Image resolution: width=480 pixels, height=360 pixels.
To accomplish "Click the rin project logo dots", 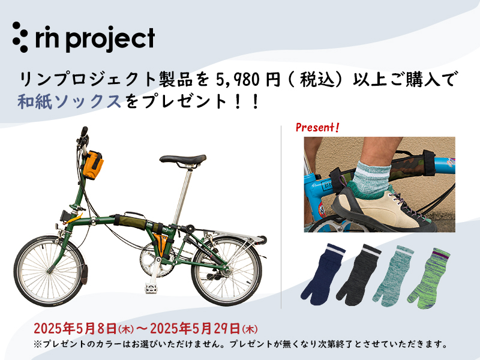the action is (x=20, y=37).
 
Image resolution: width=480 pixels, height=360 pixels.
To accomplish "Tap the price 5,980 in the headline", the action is (x=235, y=80).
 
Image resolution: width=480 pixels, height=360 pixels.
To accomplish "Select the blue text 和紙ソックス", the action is (x=70, y=101).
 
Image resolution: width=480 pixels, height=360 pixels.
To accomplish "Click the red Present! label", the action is (x=317, y=127).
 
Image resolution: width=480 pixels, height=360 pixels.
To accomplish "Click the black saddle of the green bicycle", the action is (x=183, y=160).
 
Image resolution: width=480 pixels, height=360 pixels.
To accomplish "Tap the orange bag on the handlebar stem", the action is (x=92, y=164).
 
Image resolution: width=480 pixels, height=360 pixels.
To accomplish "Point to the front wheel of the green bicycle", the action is (x=49, y=271).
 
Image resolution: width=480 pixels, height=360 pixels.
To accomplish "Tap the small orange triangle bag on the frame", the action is (x=160, y=242).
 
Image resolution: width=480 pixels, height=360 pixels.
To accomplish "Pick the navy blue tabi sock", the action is (x=322, y=275).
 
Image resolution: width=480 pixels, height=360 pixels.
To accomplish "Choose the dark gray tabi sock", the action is (x=358, y=275).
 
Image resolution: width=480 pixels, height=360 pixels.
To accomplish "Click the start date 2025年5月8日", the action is (x=75, y=328).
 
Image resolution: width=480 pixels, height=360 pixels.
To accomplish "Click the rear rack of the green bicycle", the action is (x=233, y=235).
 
